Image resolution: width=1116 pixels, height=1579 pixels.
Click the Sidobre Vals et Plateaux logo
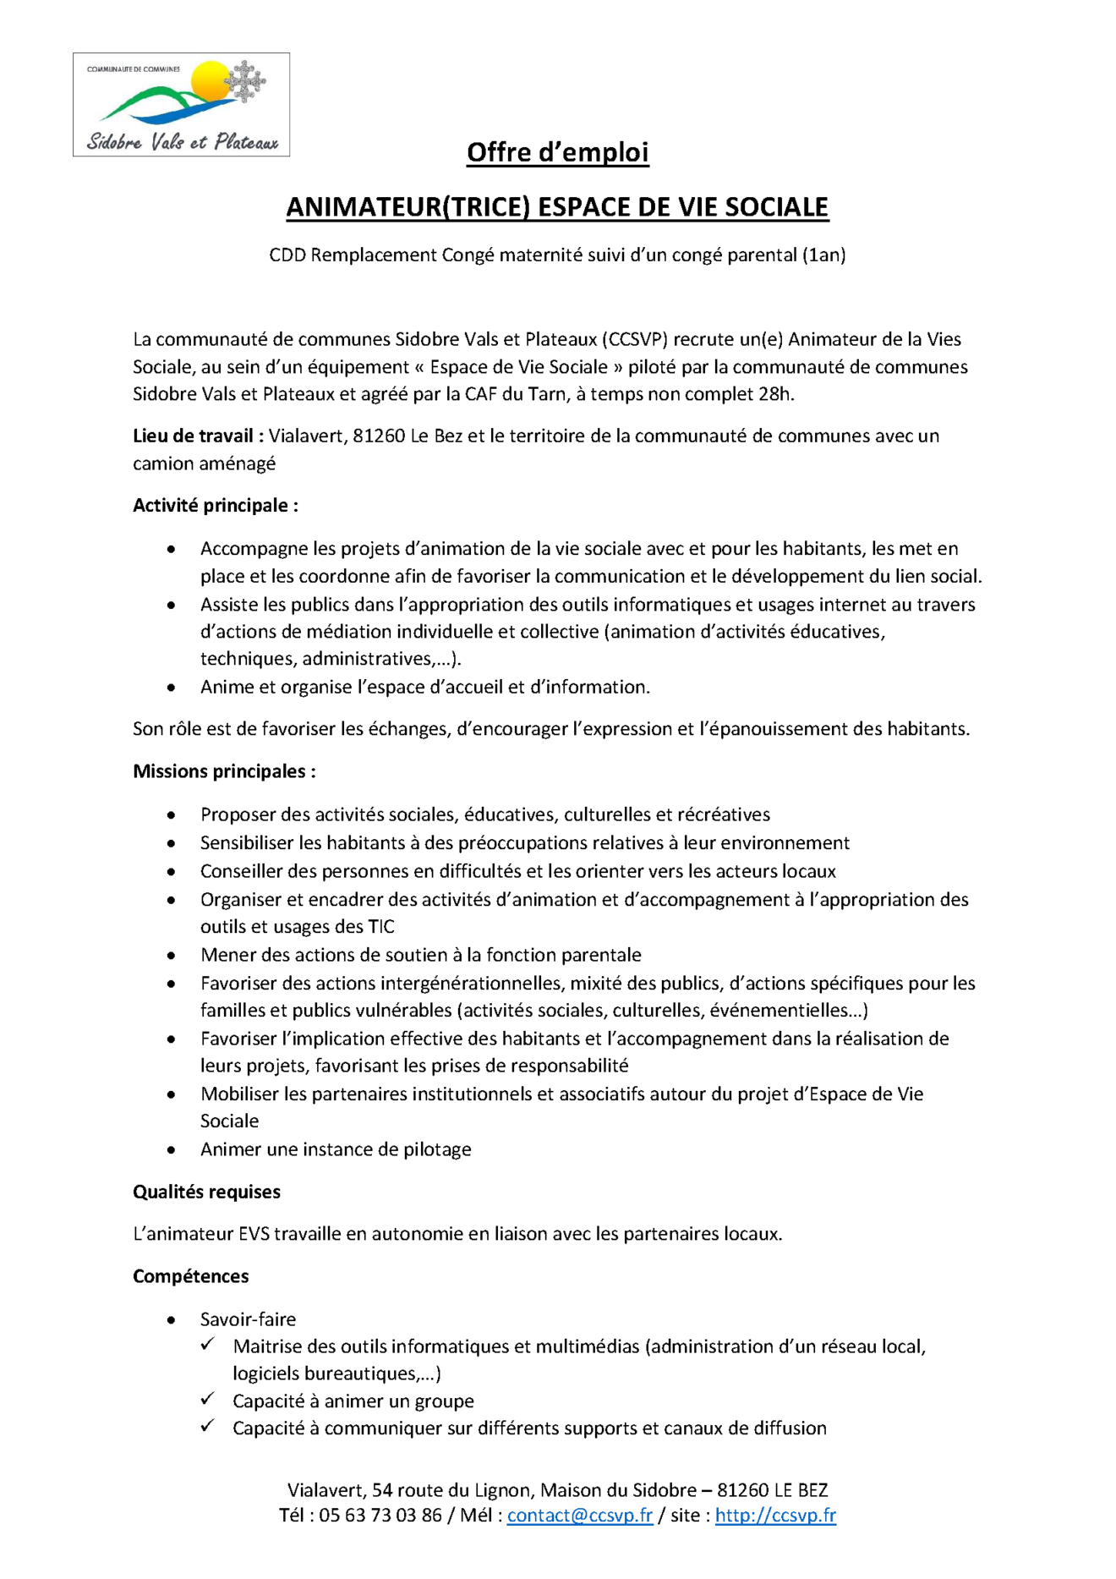(181, 105)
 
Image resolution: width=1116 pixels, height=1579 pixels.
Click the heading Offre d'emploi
(557, 152)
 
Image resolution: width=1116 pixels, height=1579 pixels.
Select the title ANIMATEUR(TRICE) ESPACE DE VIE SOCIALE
(557, 207)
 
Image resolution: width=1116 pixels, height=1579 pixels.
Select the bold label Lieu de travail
(198, 436)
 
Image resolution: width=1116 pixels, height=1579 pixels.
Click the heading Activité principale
(215, 505)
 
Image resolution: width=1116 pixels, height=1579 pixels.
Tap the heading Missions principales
(224, 770)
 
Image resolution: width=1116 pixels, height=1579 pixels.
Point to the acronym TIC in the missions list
(381, 926)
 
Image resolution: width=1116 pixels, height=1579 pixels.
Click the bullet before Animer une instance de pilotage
(172, 1149)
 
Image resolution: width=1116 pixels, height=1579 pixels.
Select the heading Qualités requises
(206, 1191)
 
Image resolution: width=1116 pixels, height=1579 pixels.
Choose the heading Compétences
(190, 1275)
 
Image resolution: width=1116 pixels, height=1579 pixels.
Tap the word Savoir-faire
(248, 1319)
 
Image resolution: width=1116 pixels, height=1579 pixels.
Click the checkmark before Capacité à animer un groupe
(208, 1399)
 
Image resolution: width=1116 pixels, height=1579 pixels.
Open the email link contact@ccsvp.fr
(580, 1515)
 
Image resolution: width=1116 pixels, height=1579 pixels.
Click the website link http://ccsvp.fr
(775, 1515)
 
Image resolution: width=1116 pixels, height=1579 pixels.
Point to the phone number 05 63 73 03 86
(380, 1515)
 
